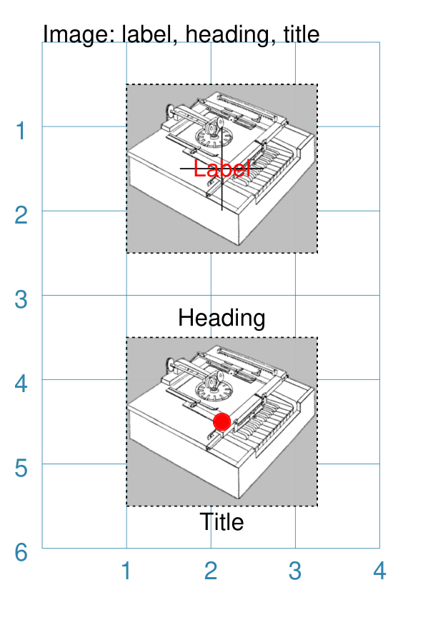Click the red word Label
[x=222, y=169]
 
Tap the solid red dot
[x=222, y=421]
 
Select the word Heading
[x=222, y=319]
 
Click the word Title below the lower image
[x=222, y=521]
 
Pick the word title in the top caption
[x=302, y=34]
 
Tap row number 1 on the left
[x=21, y=131]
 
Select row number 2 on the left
[x=21, y=215]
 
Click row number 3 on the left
[x=21, y=300]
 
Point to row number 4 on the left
[x=21, y=384]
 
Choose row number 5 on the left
[x=21, y=469]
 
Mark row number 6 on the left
[x=21, y=553]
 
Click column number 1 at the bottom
[x=126, y=571]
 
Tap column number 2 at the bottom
[x=211, y=571]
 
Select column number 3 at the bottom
[x=295, y=571]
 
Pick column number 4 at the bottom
[x=379, y=571]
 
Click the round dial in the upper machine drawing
[x=214, y=136]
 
